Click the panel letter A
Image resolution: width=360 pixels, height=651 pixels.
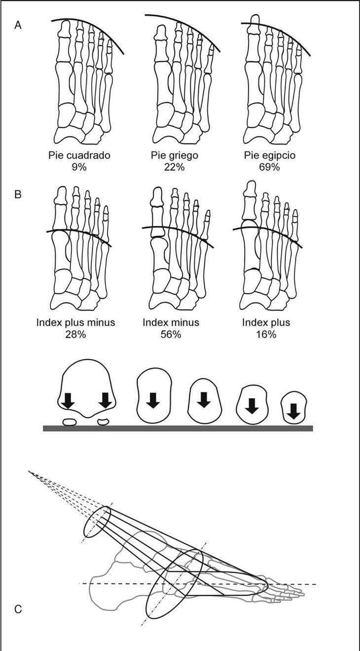(18, 25)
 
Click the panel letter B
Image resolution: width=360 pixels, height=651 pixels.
(18, 194)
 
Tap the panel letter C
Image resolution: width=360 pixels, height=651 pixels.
(18, 610)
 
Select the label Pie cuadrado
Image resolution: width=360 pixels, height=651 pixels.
(79, 155)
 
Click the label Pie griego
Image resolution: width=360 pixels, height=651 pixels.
(175, 155)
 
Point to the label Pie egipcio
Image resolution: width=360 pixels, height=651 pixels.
(269, 155)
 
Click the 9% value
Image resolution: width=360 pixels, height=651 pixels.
(79, 167)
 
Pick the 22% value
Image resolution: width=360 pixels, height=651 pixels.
(175, 167)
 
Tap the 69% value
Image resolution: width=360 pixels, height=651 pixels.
(269, 167)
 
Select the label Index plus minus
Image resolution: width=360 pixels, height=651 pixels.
(75, 323)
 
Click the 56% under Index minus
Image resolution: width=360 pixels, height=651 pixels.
(171, 334)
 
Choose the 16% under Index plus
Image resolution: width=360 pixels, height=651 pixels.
(266, 334)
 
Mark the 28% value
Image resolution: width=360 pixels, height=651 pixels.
(75, 334)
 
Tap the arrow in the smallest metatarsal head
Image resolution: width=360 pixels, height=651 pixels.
(294, 410)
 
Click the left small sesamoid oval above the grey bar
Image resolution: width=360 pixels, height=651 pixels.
(70, 422)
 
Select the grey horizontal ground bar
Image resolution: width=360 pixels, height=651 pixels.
(178, 428)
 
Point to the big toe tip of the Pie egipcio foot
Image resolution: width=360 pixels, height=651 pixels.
(254, 20)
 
